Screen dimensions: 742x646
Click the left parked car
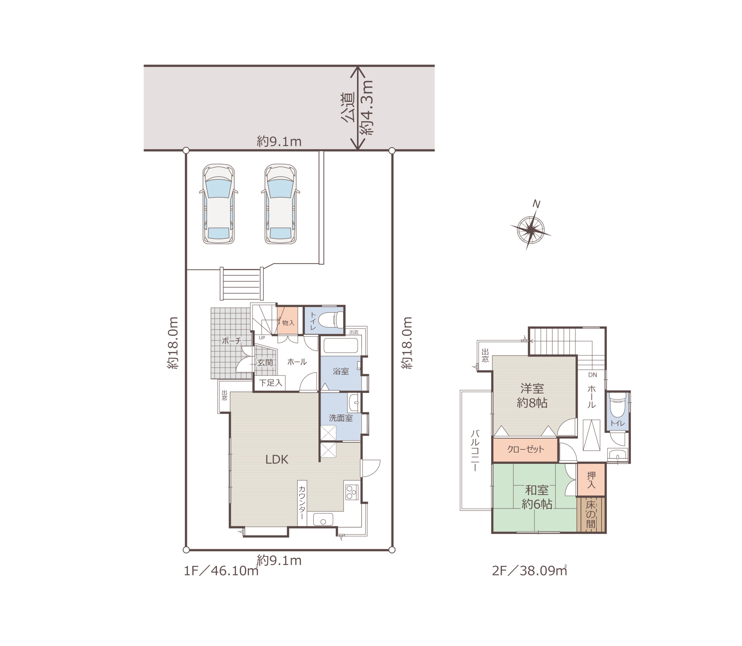(x=219, y=204)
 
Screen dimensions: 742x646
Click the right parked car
(x=281, y=204)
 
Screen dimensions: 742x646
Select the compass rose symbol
(x=531, y=229)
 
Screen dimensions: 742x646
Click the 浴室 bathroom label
(x=341, y=371)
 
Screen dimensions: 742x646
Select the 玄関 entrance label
(x=265, y=362)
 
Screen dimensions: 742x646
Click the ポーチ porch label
(x=231, y=340)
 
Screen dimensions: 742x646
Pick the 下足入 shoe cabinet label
(x=270, y=382)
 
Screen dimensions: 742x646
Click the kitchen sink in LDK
(x=323, y=519)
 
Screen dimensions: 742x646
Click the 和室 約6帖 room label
(x=537, y=497)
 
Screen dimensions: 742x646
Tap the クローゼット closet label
(x=525, y=449)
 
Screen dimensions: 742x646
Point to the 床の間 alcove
(x=590, y=514)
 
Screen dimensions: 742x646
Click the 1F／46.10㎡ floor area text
(x=221, y=571)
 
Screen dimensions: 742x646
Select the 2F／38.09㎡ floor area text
(x=529, y=571)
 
